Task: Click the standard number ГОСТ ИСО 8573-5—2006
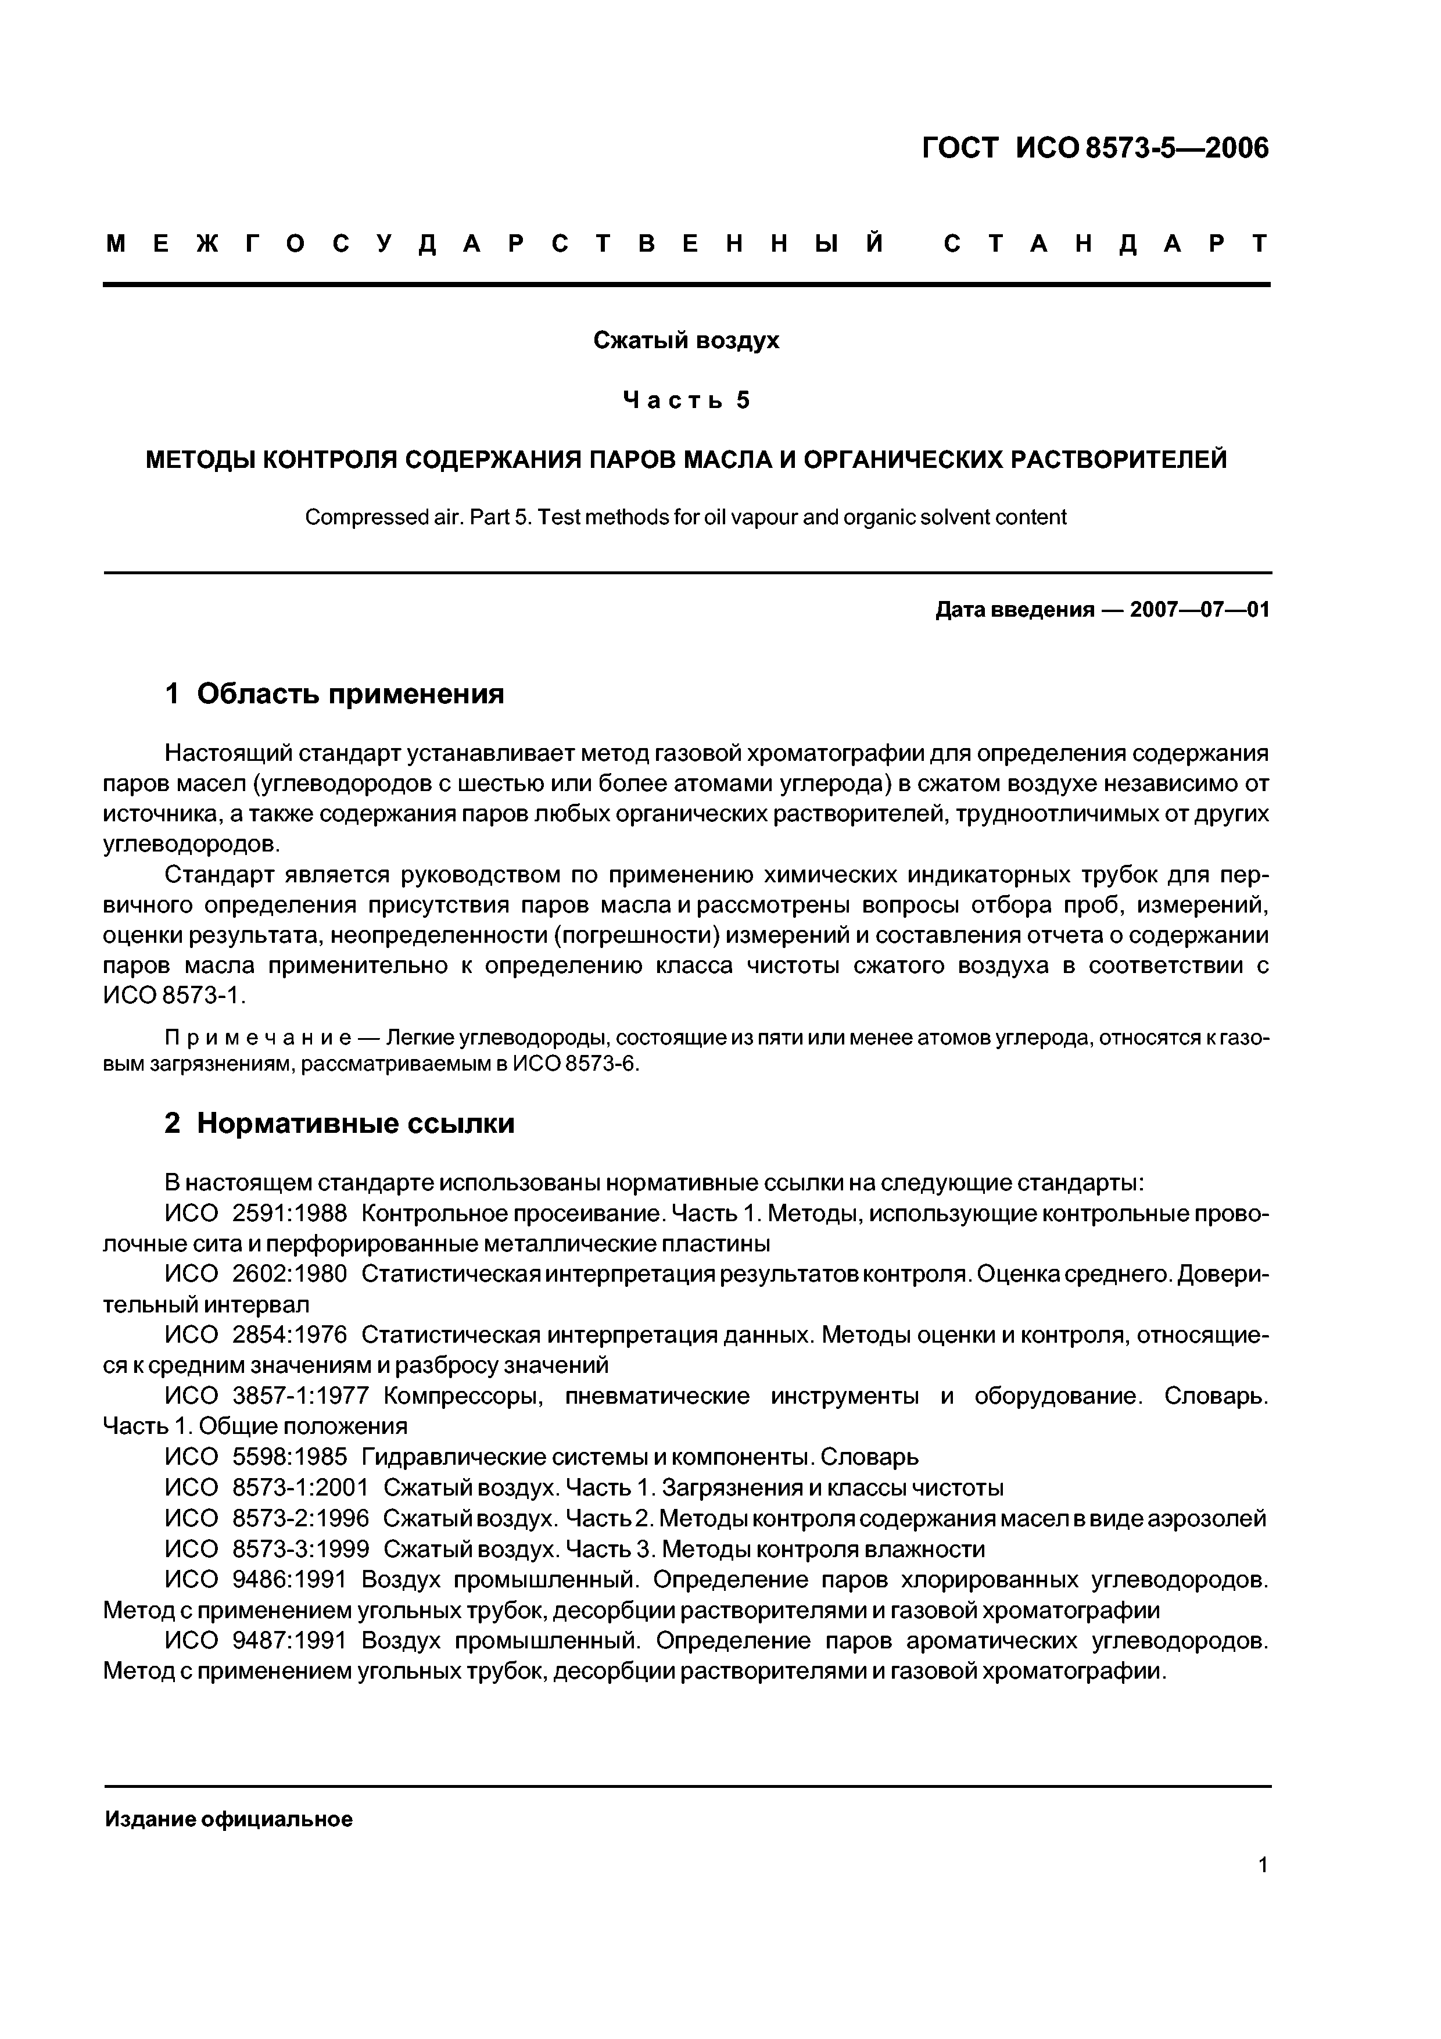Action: tap(1095, 148)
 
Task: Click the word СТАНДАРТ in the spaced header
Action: tap(1105, 244)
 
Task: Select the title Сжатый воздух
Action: tap(686, 341)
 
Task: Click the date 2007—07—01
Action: tap(1199, 610)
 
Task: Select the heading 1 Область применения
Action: tap(335, 693)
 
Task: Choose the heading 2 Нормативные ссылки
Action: tap(339, 1124)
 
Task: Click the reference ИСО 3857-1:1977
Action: tap(266, 1396)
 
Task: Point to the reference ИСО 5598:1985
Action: tap(256, 1457)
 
